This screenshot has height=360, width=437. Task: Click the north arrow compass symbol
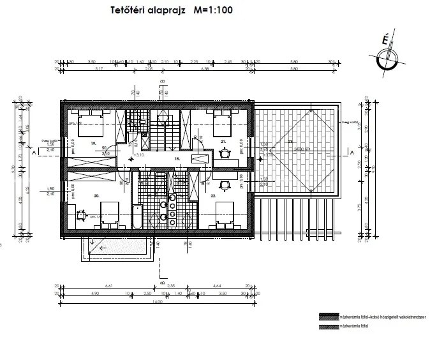(x=385, y=58)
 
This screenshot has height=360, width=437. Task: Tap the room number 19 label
(x=93, y=144)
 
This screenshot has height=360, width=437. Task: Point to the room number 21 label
(x=223, y=141)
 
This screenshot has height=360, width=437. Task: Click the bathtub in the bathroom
(x=137, y=217)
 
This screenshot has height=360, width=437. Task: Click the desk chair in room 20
(x=81, y=215)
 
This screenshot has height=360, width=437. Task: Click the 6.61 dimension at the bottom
(x=108, y=287)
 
